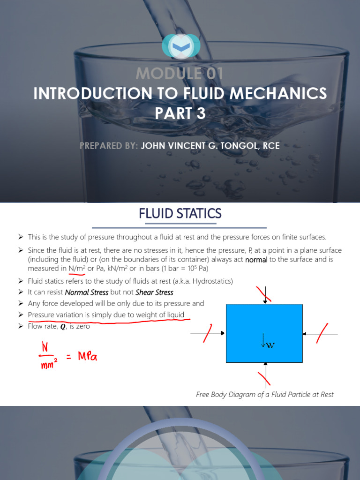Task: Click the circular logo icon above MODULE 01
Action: point(180,46)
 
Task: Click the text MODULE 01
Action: point(180,74)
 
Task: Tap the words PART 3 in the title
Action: point(180,114)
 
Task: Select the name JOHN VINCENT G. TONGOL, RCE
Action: point(210,146)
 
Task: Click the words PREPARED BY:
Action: point(109,146)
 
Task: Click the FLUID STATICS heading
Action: point(180,214)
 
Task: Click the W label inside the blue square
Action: point(270,345)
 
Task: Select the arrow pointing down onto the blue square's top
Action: point(265,296)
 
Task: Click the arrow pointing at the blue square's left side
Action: point(208,333)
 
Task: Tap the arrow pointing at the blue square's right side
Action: point(320,333)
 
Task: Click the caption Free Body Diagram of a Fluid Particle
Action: point(264,394)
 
